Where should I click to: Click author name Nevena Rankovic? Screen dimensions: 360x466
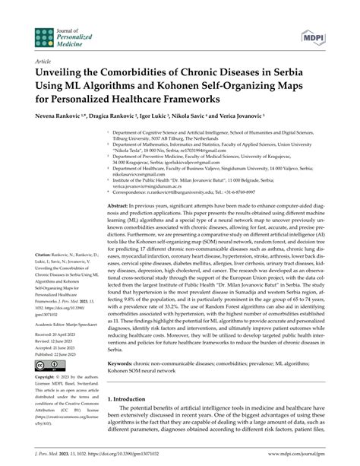tap(52, 120)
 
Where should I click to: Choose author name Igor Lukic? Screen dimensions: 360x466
tap(153, 120)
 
